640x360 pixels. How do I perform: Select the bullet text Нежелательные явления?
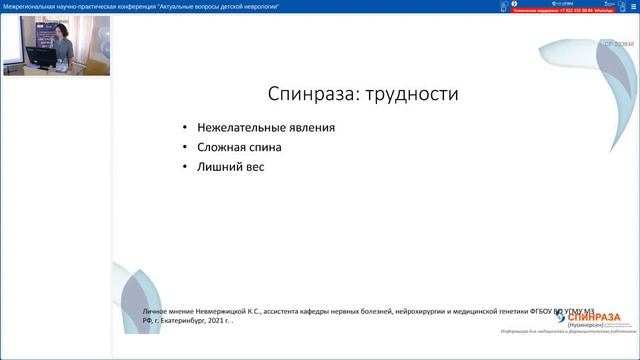tap(266, 128)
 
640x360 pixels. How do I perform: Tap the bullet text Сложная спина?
tap(239, 147)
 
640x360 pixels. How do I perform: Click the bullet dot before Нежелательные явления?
tap(185, 128)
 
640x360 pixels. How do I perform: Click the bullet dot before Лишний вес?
tap(185, 166)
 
